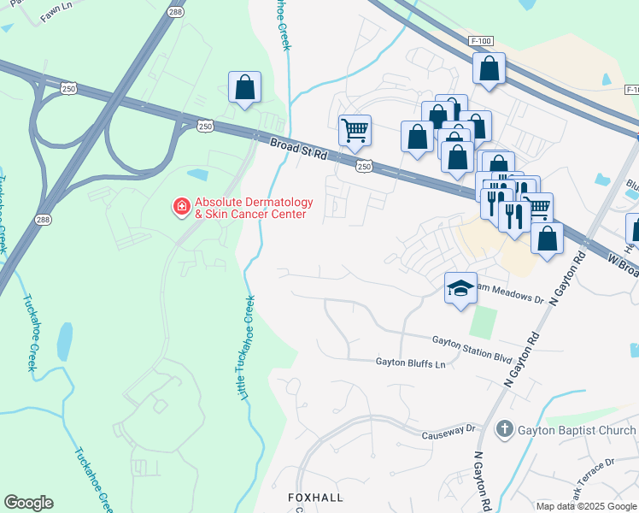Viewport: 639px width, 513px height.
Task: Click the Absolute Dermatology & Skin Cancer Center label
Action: pos(253,208)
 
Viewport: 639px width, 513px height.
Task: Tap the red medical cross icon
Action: pos(181,207)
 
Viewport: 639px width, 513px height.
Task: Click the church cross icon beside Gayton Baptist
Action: pos(505,428)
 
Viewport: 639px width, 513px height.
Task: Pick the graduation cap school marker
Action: pos(460,287)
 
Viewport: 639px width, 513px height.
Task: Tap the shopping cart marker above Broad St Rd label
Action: pos(355,131)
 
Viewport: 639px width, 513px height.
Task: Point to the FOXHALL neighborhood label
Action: pos(314,497)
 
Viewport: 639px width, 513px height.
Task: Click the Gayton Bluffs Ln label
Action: pos(411,363)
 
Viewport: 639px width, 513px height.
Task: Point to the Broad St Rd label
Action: pos(298,150)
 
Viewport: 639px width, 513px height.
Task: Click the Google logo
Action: pos(28,503)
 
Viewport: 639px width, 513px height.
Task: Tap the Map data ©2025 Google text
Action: pos(586,506)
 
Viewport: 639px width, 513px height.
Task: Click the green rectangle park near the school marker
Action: pos(483,321)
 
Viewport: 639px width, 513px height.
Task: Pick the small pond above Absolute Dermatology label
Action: pos(197,174)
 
